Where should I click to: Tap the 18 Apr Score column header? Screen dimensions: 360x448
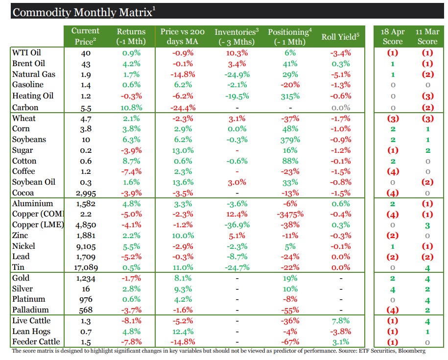tap(392, 36)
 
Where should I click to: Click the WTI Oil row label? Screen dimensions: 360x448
tap(26, 53)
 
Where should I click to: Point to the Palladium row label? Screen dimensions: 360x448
tap(30, 310)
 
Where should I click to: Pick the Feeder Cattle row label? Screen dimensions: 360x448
tap(36, 342)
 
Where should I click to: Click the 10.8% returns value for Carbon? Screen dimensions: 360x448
tap(131, 107)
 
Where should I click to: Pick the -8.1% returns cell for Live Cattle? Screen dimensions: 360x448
tap(131, 321)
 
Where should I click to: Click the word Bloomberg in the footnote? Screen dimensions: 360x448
tap(410, 351)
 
